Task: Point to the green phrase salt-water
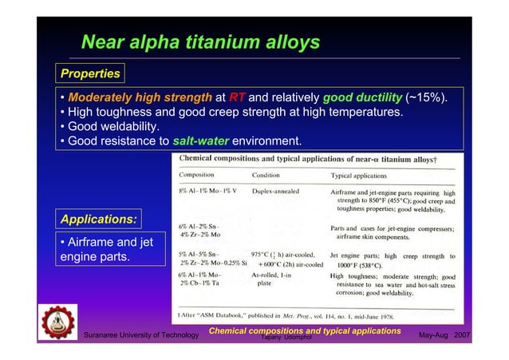click(201, 141)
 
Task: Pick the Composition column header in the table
click(202, 174)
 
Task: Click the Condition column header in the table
click(270, 174)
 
